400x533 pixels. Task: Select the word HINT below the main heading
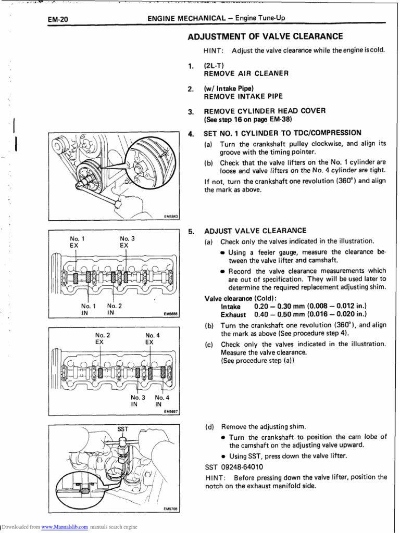[214, 50]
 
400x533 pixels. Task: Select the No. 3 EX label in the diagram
[127, 242]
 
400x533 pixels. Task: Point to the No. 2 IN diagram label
[114, 309]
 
